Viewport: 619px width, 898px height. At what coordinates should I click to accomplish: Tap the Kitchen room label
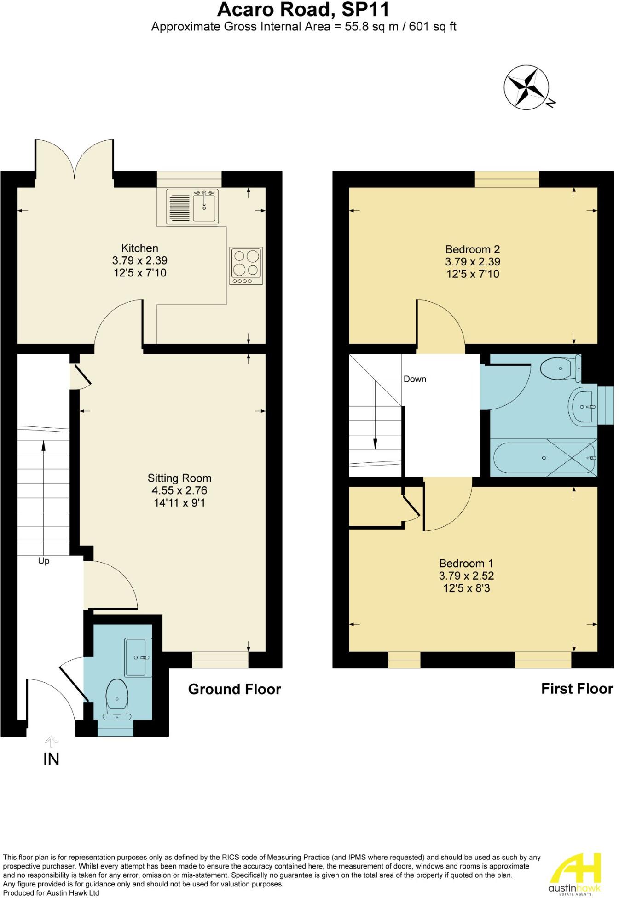[x=139, y=248]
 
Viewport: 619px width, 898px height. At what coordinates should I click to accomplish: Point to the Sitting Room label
[x=179, y=478]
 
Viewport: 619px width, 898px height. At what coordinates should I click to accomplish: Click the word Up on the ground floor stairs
[x=44, y=561]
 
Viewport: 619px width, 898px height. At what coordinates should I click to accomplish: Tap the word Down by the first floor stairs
[x=415, y=379]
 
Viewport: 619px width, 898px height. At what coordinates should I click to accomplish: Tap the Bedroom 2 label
[x=472, y=249]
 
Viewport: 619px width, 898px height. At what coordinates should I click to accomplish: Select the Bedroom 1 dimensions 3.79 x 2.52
[x=466, y=576]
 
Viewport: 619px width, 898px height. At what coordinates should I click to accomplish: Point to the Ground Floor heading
[x=234, y=689]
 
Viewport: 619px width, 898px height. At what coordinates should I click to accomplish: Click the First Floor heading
[x=577, y=689]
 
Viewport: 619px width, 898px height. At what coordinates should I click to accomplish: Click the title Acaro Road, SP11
[x=303, y=10]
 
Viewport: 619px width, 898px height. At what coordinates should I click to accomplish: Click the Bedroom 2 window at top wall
[x=507, y=179]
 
